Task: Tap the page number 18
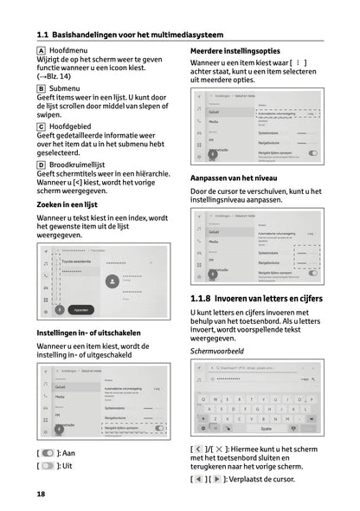point(41,494)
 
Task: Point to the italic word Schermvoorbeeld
point(219,353)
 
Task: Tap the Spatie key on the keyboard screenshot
point(266,428)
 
